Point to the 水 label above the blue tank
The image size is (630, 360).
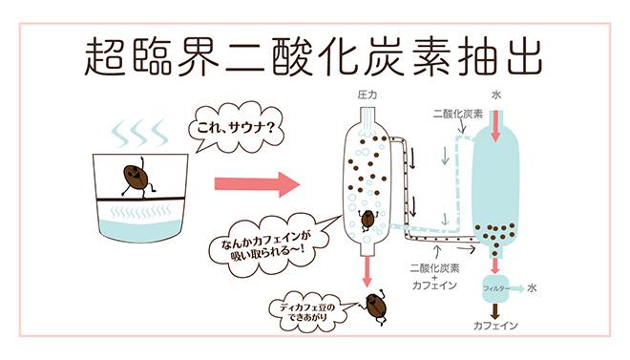(x=496, y=95)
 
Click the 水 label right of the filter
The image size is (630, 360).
(x=534, y=285)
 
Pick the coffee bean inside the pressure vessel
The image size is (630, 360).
(x=367, y=218)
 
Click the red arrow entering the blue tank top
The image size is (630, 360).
(x=495, y=126)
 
